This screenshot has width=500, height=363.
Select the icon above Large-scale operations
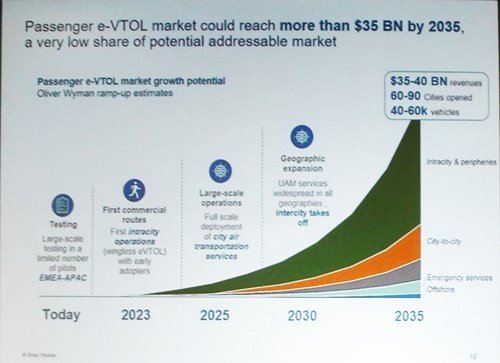220,170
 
